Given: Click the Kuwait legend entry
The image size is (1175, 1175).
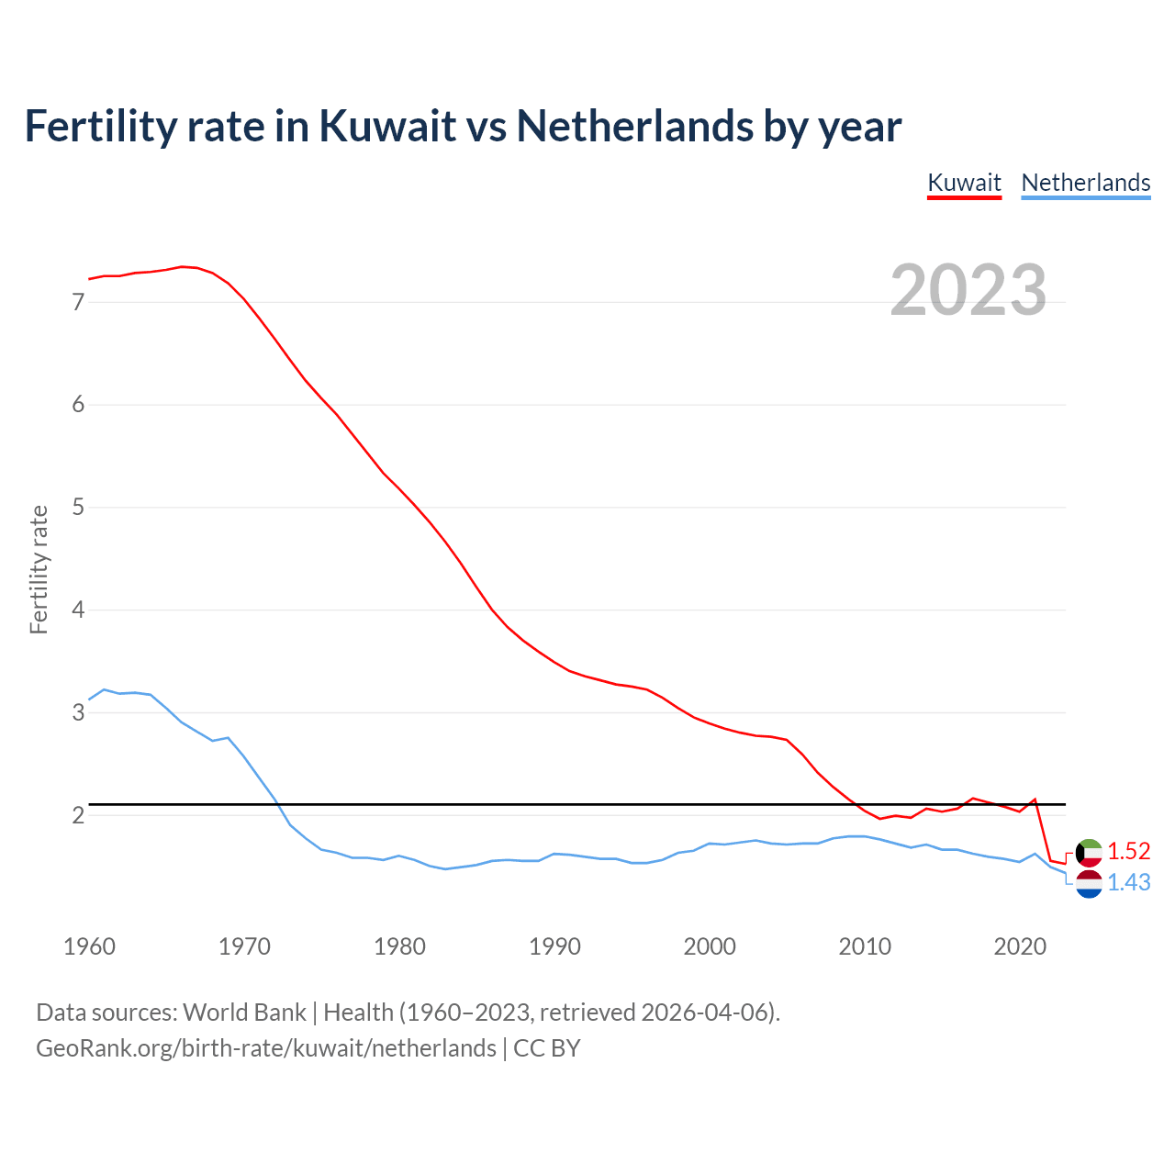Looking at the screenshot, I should [964, 183].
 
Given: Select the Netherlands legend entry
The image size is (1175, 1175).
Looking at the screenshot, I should [1085, 183].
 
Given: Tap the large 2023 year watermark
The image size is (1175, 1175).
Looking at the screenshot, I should [968, 290].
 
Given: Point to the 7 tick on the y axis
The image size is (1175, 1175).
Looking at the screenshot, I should [78, 302].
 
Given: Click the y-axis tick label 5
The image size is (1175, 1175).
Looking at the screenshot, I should [78, 507].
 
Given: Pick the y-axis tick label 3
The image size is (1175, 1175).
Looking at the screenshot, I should [78, 712].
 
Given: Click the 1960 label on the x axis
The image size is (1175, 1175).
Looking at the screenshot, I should [89, 946].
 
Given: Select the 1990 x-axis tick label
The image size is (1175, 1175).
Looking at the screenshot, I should [554, 946].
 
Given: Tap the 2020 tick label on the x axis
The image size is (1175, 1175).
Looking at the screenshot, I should [1020, 946].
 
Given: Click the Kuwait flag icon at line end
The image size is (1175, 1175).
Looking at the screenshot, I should [1089, 853].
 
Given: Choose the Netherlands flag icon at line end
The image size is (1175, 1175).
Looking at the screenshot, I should [1089, 884].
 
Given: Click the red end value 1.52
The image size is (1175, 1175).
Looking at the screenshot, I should [1128, 851].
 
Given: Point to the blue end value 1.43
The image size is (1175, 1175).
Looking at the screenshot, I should [1128, 882].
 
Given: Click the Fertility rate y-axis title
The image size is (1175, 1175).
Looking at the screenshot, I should [39, 569].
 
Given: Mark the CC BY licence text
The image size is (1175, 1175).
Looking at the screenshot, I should [547, 1048].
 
